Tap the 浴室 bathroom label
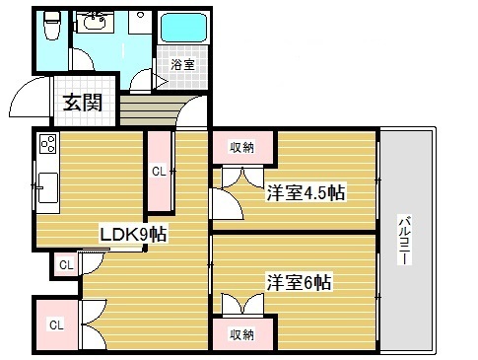pyautogui.click(x=181, y=64)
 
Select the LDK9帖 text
pyautogui.click(x=132, y=234)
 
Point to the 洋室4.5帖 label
pyautogui.click(x=305, y=192)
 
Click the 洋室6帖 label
pyautogui.click(x=299, y=281)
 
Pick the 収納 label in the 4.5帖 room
pyautogui.click(x=242, y=148)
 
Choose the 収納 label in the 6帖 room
pyautogui.click(x=242, y=334)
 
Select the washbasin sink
pyautogui.click(x=97, y=24)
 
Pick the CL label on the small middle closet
pyautogui.click(x=65, y=264)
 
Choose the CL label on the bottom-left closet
pyautogui.click(x=56, y=324)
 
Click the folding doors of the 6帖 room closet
pyautogui.click(x=242, y=305)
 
